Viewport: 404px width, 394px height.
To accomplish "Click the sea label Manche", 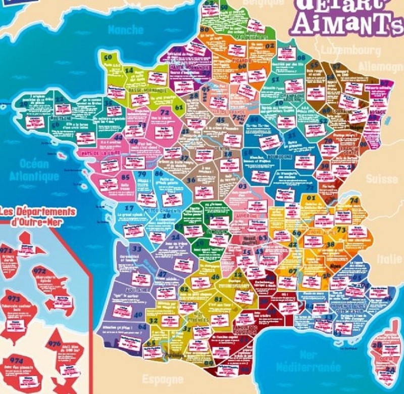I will (126, 30).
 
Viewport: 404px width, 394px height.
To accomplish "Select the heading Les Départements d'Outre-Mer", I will (37, 216).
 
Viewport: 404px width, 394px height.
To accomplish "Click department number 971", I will (7, 251).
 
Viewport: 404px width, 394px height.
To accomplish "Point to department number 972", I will (39, 271).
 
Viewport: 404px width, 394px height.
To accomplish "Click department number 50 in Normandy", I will (108, 57).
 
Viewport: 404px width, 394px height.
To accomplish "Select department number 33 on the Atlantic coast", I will (136, 248).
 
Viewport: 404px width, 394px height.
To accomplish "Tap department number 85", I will (126, 178).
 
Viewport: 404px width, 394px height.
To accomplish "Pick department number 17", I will (129, 208).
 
